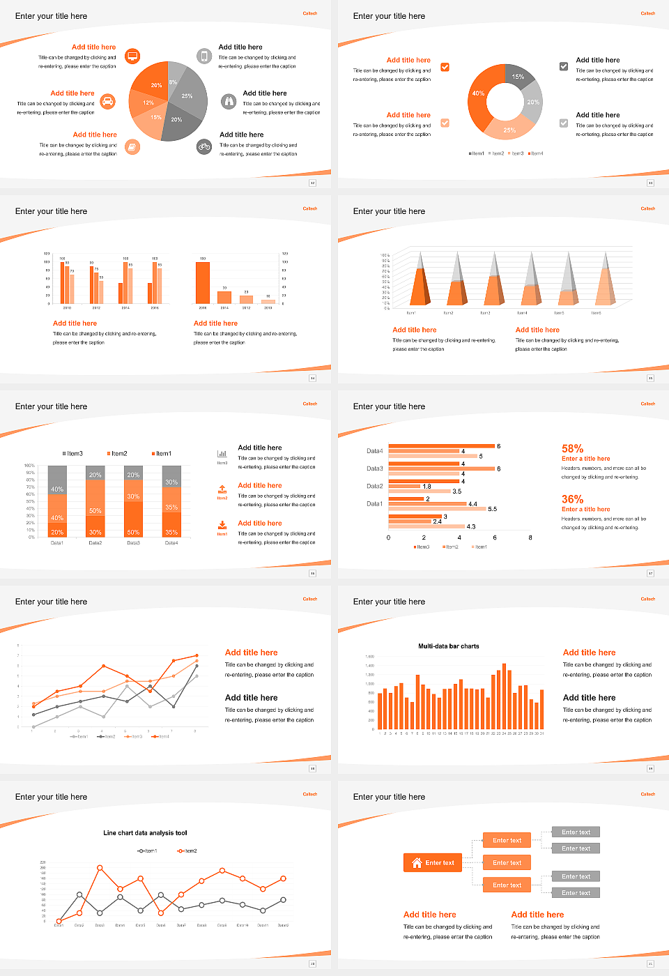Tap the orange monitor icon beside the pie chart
point(132,56)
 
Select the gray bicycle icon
point(204,146)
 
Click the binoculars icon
point(229,102)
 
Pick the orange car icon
point(107,102)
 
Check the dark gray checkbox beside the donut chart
point(564,67)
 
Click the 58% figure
point(572,449)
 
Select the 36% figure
point(572,499)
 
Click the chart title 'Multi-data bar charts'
point(448,646)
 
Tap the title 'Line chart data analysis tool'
point(145,833)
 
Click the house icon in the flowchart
point(417,862)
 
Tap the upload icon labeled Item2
point(222,489)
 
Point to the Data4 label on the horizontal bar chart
point(374,451)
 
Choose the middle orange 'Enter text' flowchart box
point(507,863)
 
